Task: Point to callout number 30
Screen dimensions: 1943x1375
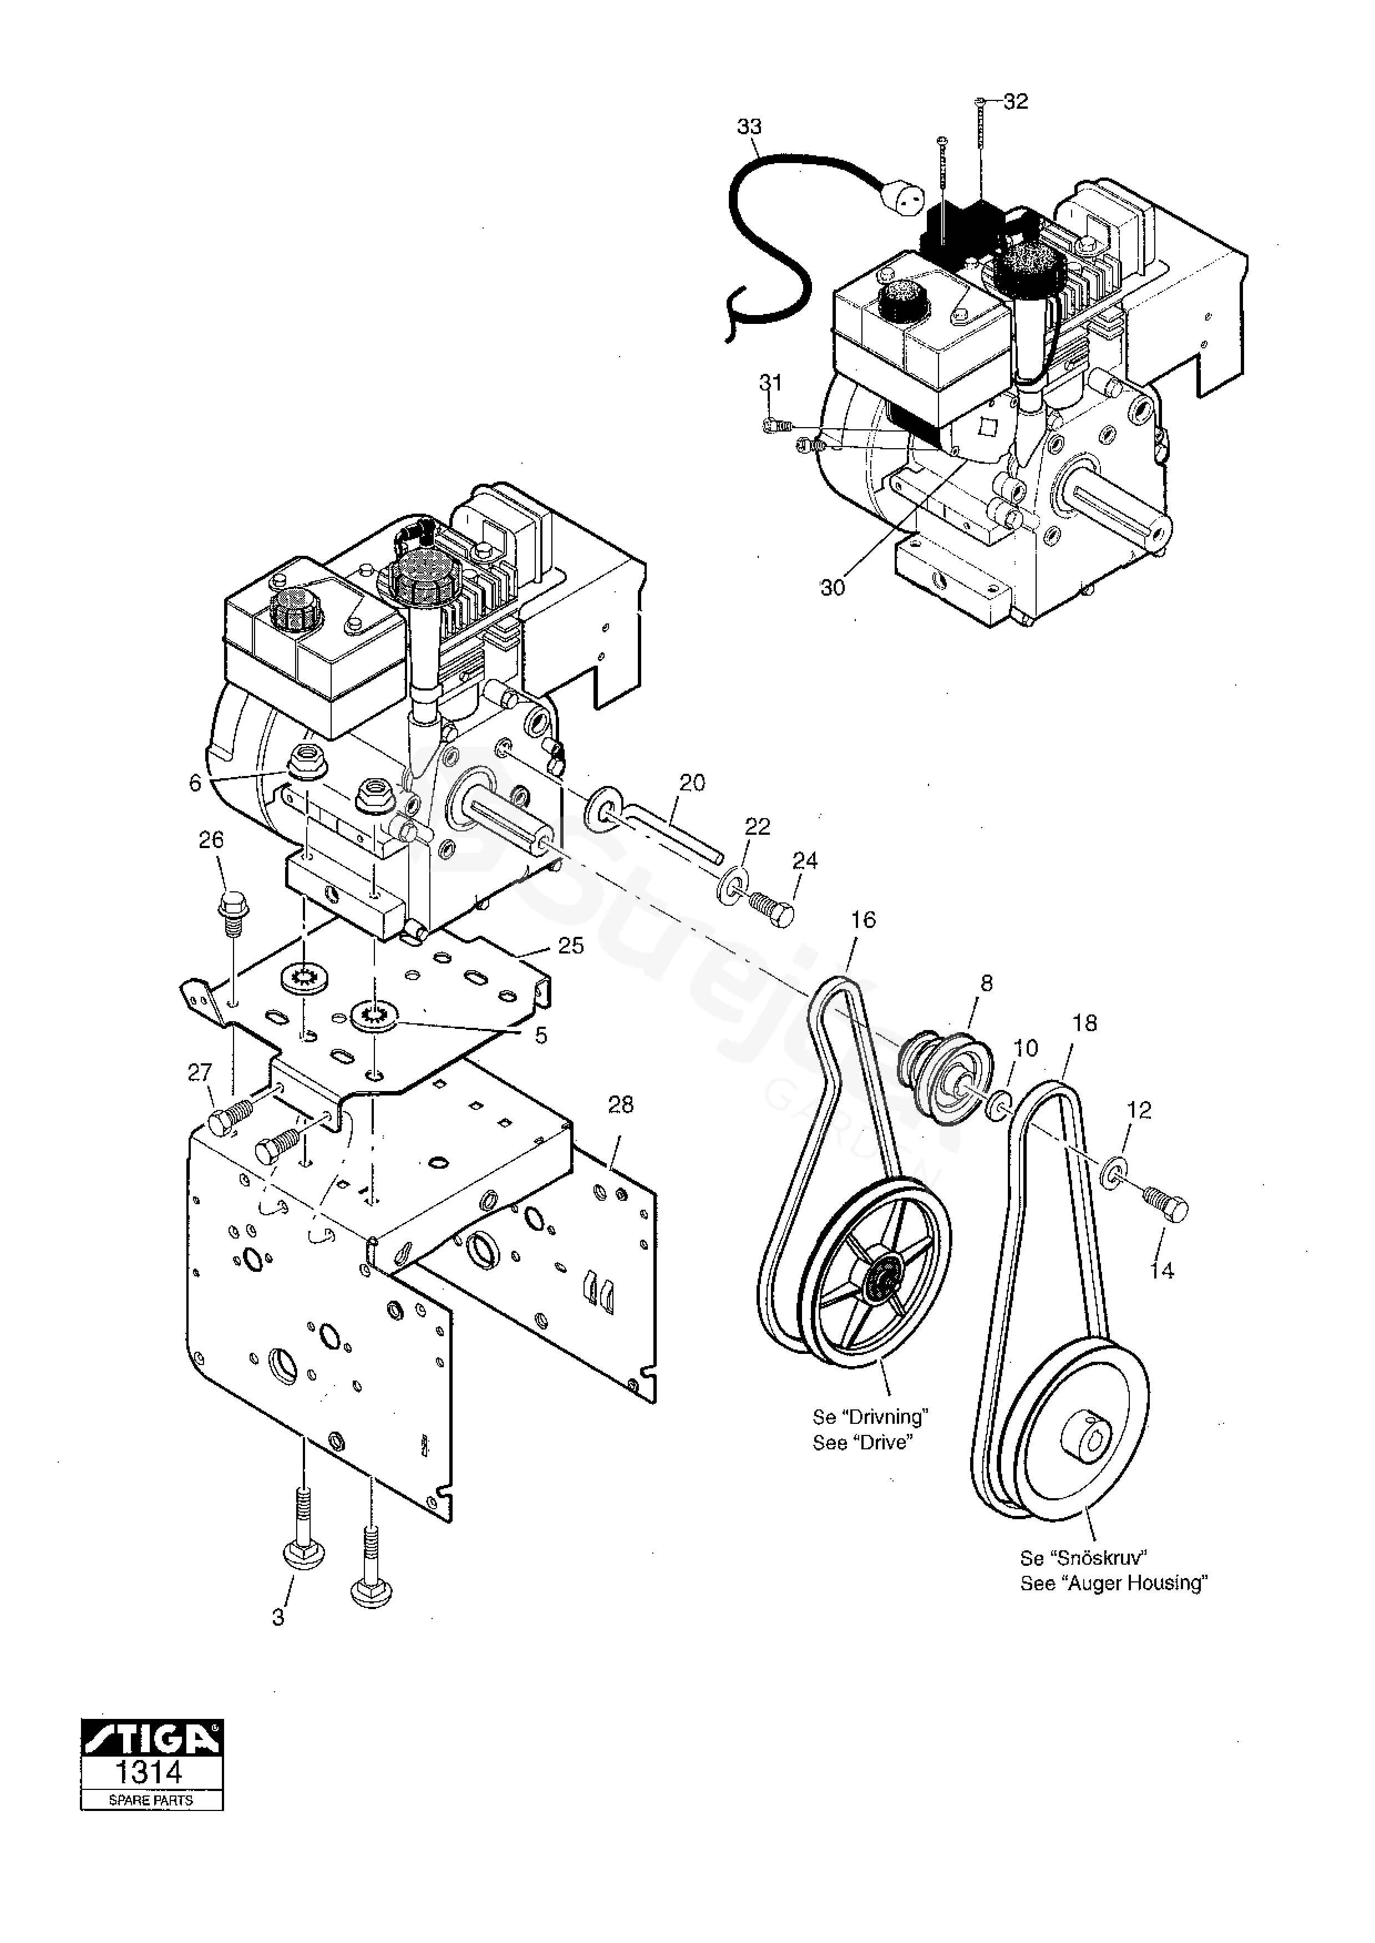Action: (x=833, y=587)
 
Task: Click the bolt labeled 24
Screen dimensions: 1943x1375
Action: (x=772, y=910)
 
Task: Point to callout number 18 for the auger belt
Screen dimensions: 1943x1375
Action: (x=1084, y=1023)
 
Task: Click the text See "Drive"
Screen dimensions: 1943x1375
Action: (x=861, y=1443)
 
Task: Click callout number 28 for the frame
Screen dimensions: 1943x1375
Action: (x=621, y=1105)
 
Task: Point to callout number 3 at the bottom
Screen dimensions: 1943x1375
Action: (x=278, y=1618)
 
